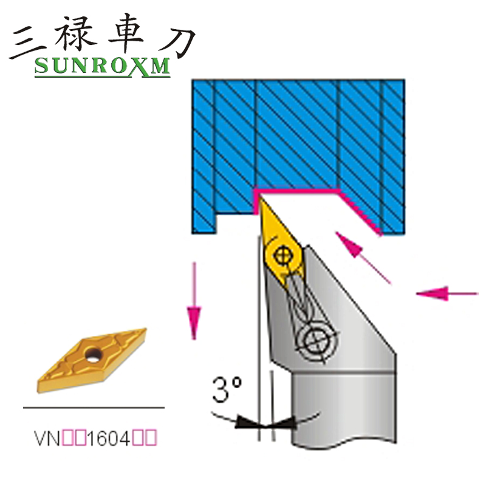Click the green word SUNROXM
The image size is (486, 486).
[102, 67]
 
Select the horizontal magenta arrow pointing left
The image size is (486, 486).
[447, 293]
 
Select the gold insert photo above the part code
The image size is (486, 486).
[91, 358]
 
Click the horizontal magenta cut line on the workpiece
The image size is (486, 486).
[298, 190]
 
